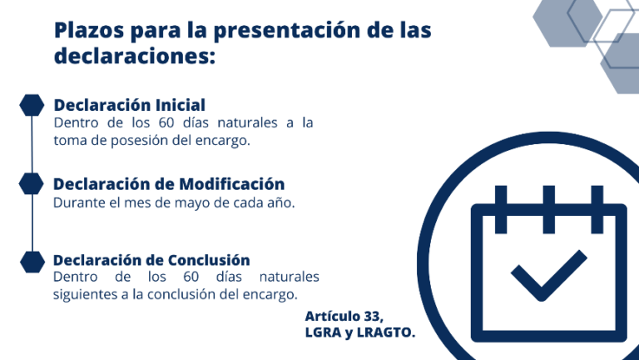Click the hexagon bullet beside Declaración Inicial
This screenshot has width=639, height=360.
pyautogui.click(x=32, y=105)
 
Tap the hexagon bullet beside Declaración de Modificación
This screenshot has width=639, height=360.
pyautogui.click(x=32, y=183)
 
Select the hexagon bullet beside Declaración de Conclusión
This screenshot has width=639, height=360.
pyautogui.click(x=32, y=262)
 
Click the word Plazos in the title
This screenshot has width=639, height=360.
pyautogui.click(x=89, y=30)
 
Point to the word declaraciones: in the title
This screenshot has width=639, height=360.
pyautogui.click(x=135, y=55)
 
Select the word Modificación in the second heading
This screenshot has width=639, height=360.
pyautogui.click(x=232, y=183)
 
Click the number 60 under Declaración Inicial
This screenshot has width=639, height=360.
pyautogui.click(x=166, y=122)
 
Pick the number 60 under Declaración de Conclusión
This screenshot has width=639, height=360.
pyautogui.click(x=191, y=277)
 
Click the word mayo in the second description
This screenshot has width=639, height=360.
pyautogui.click(x=192, y=203)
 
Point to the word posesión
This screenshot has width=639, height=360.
pyautogui.click(x=140, y=141)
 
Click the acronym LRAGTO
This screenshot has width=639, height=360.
pyautogui.click(x=385, y=332)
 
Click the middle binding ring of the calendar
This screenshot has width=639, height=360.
pyautogui.click(x=548, y=209)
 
